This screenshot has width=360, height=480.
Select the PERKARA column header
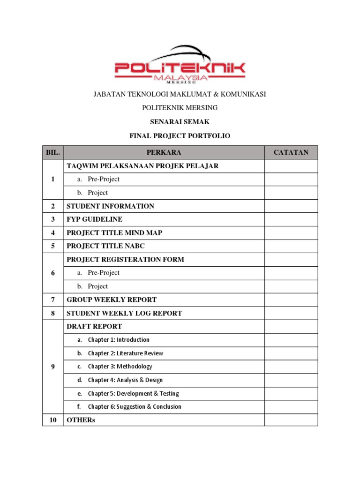pyautogui.click(x=164, y=152)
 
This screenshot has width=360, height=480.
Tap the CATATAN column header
pyautogui.click(x=291, y=152)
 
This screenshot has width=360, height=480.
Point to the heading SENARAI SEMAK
pyautogui.click(x=180, y=122)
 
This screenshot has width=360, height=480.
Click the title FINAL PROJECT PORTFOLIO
pyautogui.click(x=180, y=136)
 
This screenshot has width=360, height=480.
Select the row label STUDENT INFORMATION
pyautogui.click(x=110, y=206)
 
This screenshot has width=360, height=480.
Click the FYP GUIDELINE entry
pyautogui.click(x=94, y=219)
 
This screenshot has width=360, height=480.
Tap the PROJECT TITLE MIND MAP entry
pyautogui.click(x=114, y=232)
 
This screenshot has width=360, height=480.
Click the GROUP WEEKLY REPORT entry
pyautogui.click(x=112, y=300)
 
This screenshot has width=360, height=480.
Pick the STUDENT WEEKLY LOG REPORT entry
pyautogui.click(x=124, y=313)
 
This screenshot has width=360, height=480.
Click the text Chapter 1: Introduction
pyautogui.click(x=119, y=340)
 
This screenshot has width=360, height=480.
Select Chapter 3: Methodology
pyautogui.click(x=120, y=367)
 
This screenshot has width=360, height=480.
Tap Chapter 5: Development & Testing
pyautogui.click(x=133, y=394)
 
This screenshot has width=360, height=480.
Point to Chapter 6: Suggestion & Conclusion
pyautogui.click(x=135, y=407)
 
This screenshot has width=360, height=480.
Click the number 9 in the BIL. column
pyautogui.click(x=53, y=367)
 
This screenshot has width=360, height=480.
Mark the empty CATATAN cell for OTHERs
pyautogui.click(x=291, y=420)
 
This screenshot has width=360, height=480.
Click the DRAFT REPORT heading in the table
pyautogui.click(x=94, y=326)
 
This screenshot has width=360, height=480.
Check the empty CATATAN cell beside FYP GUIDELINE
pyautogui.click(x=291, y=219)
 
